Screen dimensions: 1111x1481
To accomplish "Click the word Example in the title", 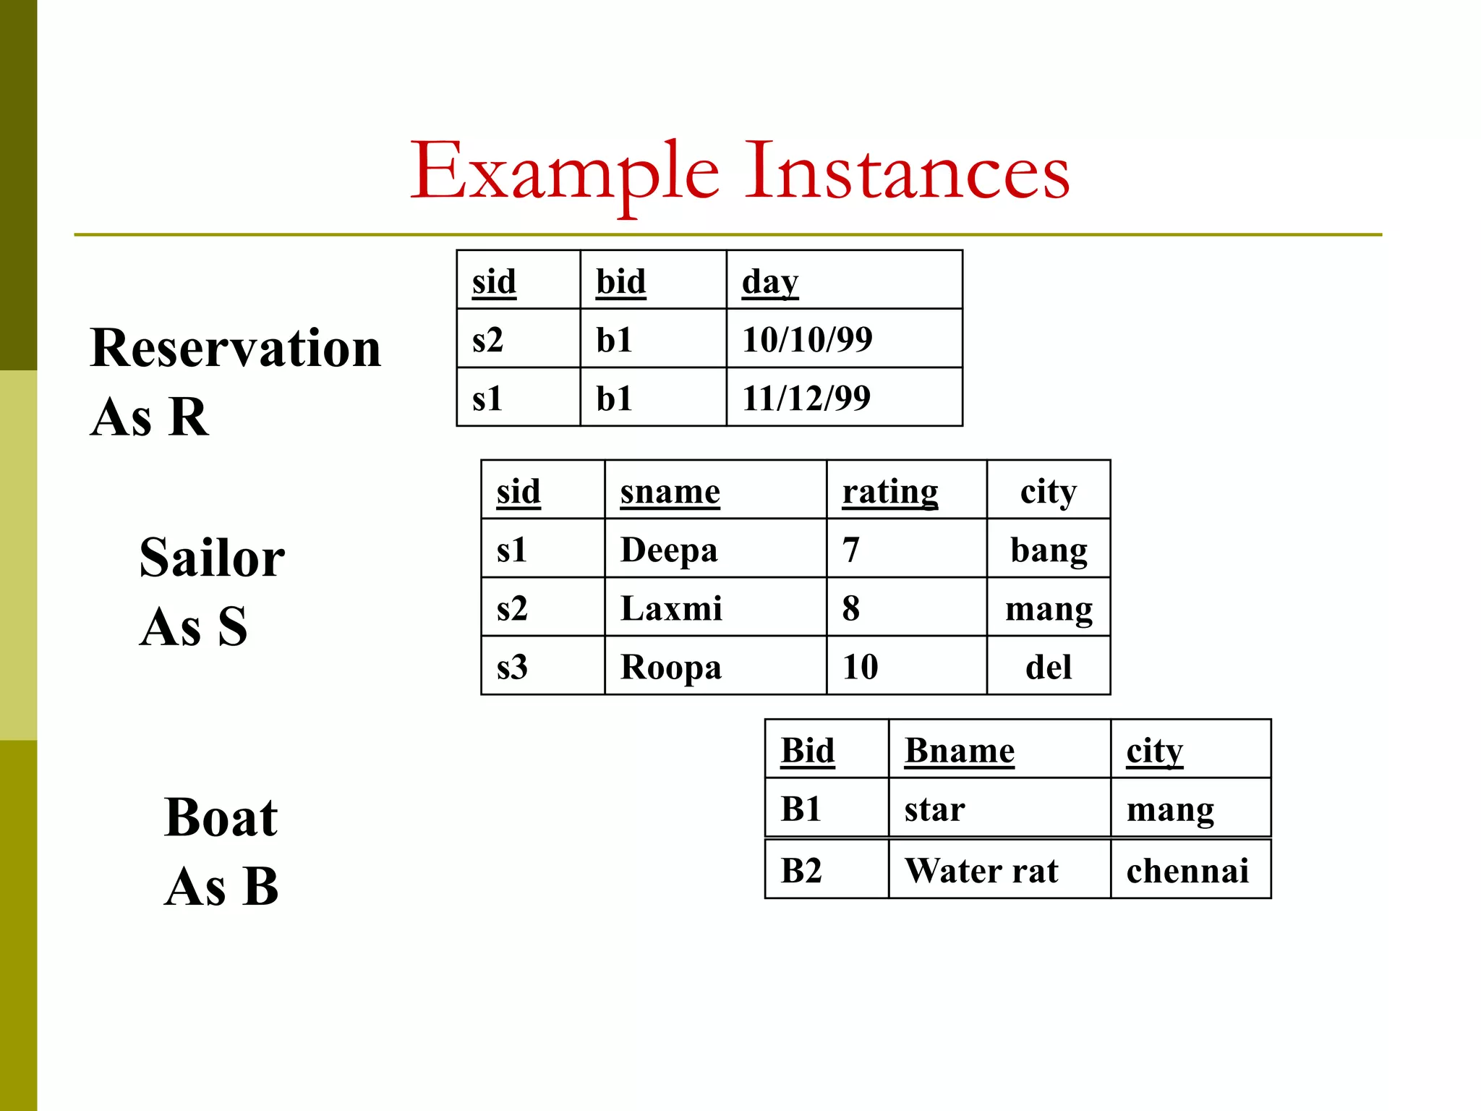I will coord(565,172).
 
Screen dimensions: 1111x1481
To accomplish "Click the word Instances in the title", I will coord(907,172).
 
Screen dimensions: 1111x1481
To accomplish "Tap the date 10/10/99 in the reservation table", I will coord(807,339).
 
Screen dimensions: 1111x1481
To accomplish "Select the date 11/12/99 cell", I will coord(806,398).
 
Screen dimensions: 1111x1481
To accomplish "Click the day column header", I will coord(770,281).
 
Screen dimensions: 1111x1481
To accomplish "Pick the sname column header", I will coord(670,491).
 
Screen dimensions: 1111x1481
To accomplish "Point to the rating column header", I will coord(890,491).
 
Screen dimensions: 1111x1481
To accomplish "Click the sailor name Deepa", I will coord(669,550).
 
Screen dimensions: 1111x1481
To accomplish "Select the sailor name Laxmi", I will coord(671,608).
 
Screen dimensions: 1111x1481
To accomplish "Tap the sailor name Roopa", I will coord(671,667).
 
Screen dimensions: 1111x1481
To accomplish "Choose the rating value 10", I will coord(860,667).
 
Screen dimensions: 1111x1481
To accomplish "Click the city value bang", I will coord(1049,550).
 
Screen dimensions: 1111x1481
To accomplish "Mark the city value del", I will coord(1049,667).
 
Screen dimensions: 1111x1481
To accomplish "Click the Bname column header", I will coord(959,751).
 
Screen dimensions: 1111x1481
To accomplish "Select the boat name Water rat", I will coord(981,870).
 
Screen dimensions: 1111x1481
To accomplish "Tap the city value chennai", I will coord(1187,870).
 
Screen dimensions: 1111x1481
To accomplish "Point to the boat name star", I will coord(934,809).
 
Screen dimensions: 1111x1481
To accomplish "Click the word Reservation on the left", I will coord(235,349).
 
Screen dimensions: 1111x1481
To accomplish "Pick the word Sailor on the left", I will coord(212,558).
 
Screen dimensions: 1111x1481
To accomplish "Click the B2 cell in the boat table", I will coord(801,870).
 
